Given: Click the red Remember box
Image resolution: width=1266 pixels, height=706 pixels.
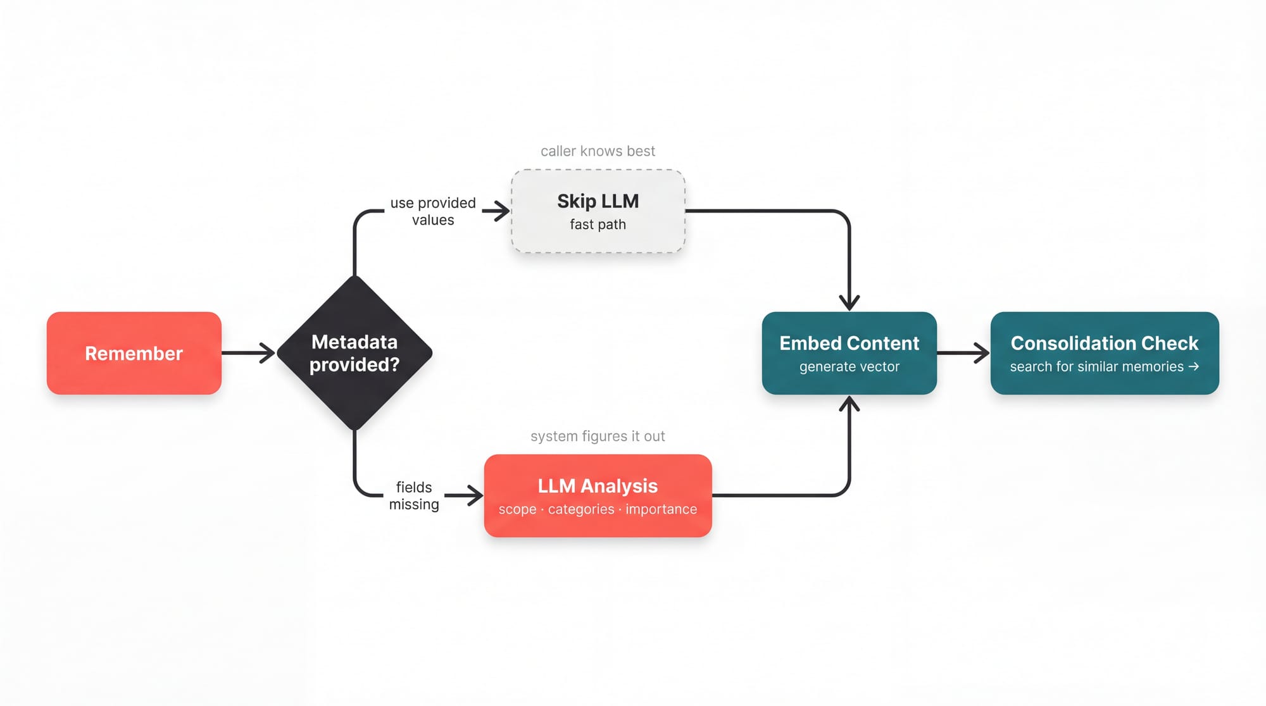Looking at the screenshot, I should pyautogui.click(x=134, y=353).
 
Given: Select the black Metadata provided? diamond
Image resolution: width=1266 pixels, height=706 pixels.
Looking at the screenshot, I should pyautogui.click(x=354, y=353).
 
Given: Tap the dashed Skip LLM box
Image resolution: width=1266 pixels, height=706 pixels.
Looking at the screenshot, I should pyautogui.click(x=598, y=211).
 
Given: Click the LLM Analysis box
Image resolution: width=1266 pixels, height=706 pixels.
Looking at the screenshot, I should pyautogui.click(x=598, y=495).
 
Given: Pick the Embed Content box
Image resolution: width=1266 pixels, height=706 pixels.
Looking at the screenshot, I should pyautogui.click(x=849, y=353).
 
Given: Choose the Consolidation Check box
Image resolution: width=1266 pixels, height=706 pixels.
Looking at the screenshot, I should pyautogui.click(x=1104, y=353).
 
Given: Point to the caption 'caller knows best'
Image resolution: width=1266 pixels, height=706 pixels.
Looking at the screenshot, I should pyautogui.click(x=598, y=151).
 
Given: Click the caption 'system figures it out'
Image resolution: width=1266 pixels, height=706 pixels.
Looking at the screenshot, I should pyautogui.click(x=598, y=437).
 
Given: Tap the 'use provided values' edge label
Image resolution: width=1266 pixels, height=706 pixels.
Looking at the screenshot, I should pyautogui.click(x=433, y=211).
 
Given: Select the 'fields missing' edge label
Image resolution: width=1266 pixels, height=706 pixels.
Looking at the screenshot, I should pyautogui.click(x=414, y=496).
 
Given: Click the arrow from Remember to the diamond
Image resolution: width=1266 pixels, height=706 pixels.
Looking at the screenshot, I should pyautogui.click(x=247, y=353).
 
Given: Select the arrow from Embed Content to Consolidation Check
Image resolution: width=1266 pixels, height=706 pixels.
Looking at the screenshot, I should pyautogui.click(x=963, y=353).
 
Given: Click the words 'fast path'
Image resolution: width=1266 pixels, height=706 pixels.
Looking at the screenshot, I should pyautogui.click(x=598, y=225).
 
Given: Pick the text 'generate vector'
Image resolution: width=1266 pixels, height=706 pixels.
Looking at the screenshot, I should pyautogui.click(x=849, y=367).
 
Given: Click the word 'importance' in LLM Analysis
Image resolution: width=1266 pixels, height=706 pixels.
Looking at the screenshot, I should pyautogui.click(x=661, y=509).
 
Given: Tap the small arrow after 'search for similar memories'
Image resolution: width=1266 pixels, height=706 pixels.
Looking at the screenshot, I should pyautogui.click(x=1193, y=366).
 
